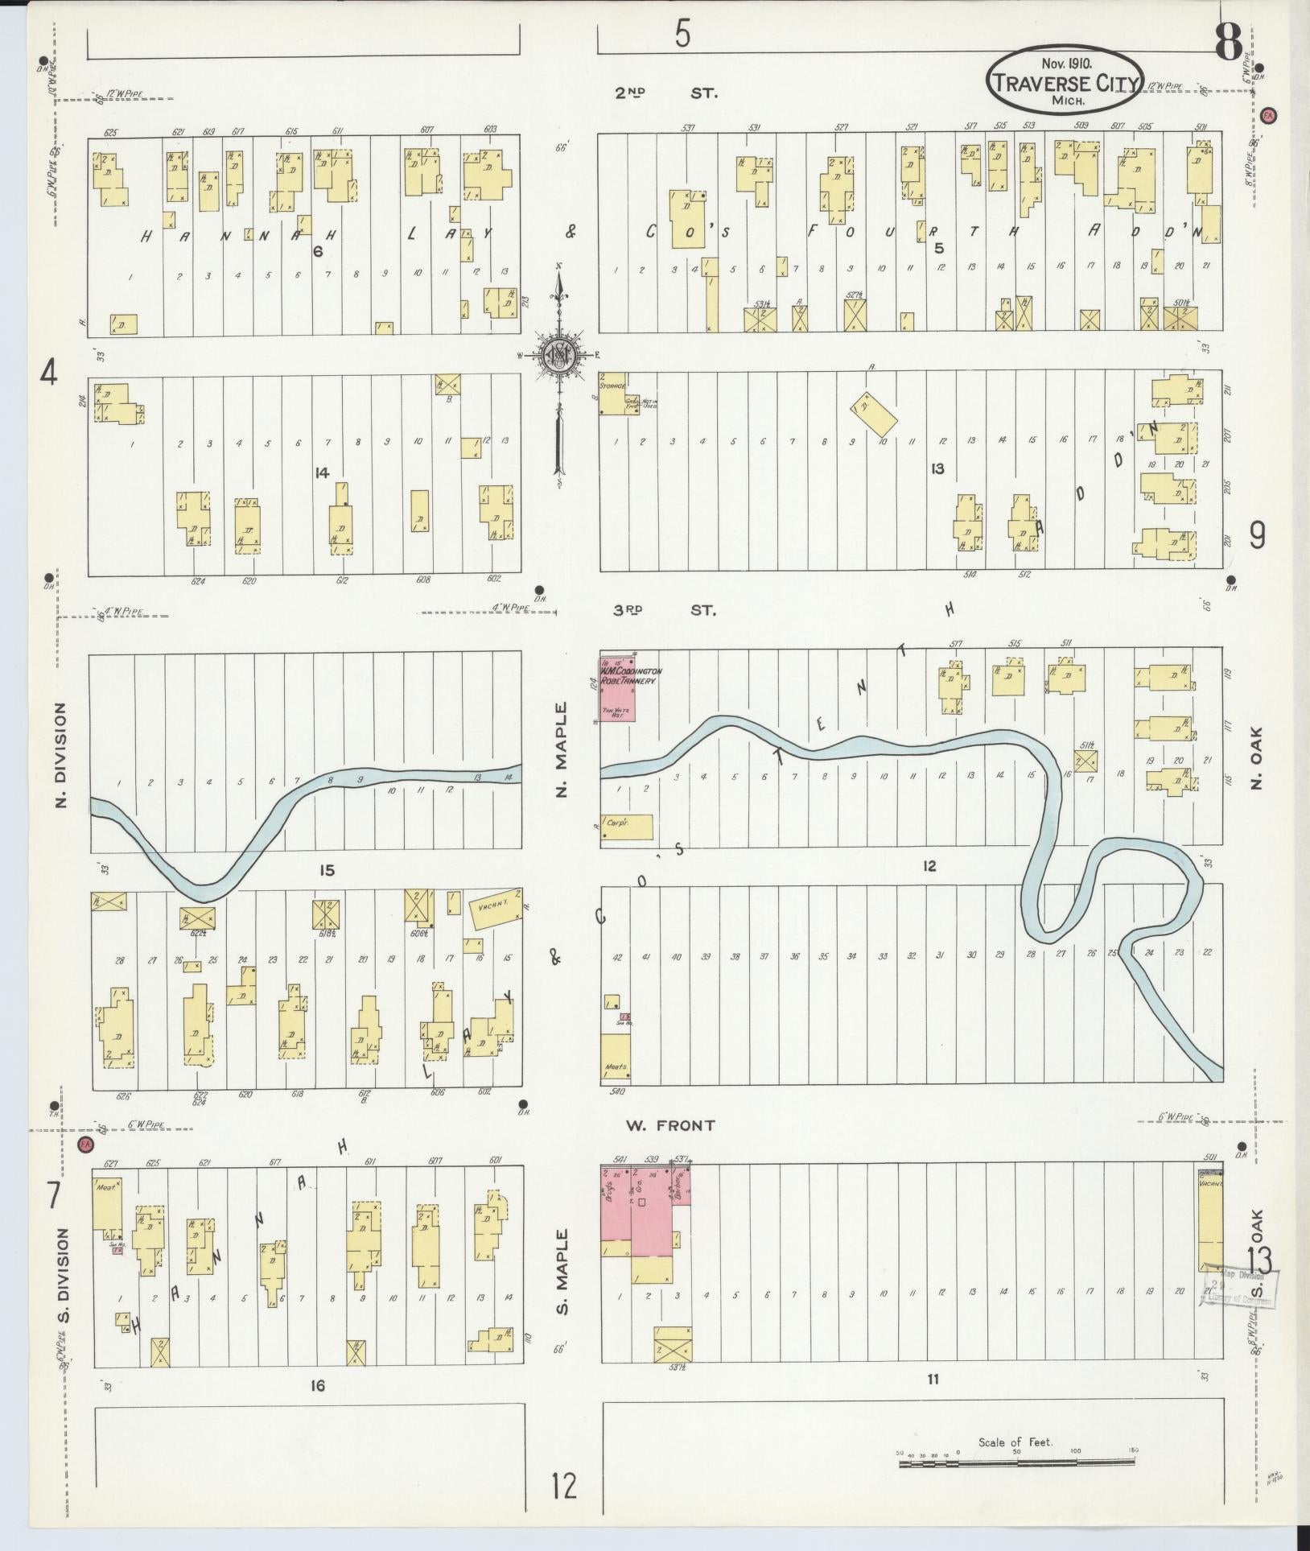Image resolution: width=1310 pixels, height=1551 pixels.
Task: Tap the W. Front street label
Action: pyautogui.click(x=670, y=1125)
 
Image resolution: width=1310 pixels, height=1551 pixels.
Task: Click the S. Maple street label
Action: pyautogui.click(x=562, y=1271)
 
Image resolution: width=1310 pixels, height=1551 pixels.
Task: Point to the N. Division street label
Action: pyautogui.click(x=62, y=756)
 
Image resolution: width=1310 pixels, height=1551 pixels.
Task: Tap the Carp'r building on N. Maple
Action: pyautogui.click(x=626, y=828)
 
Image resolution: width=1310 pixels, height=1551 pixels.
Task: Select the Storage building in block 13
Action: pyautogui.click(x=619, y=394)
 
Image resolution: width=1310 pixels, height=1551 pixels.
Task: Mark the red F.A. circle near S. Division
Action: pyautogui.click(x=85, y=1144)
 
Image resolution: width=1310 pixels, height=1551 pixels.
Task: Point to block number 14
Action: pyautogui.click(x=322, y=474)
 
